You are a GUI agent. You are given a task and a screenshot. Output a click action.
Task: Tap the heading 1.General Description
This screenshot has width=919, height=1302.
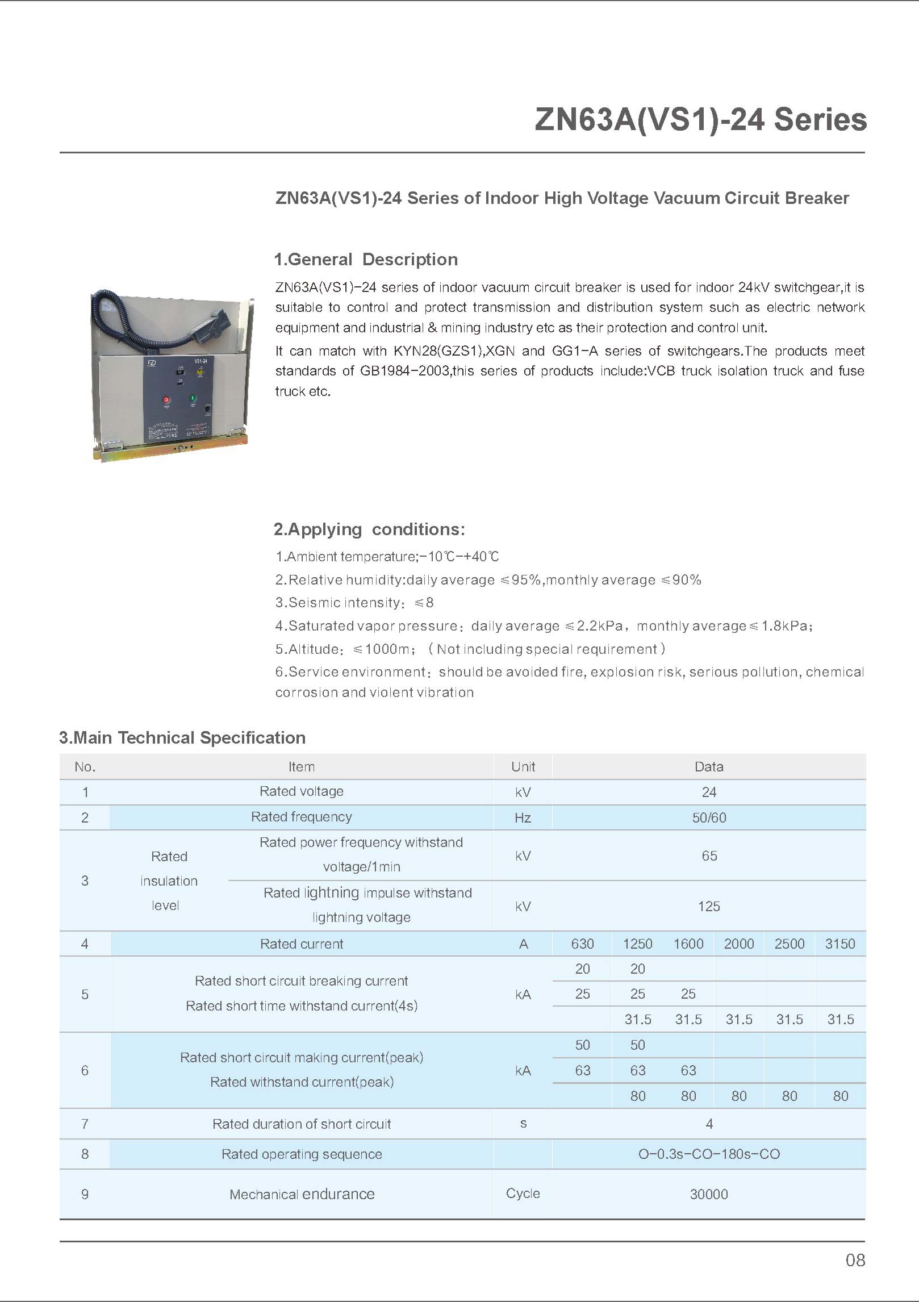[x=366, y=260]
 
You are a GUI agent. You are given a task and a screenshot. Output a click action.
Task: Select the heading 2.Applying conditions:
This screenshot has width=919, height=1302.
[x=369, y=529]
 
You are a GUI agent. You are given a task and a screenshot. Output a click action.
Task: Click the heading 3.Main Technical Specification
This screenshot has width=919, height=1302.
[x=182, y=738]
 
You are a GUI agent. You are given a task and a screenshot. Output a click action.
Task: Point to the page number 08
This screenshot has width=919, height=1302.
[x=855, y=1260]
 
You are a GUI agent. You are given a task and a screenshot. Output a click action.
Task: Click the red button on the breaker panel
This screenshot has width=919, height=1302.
[x=166, y=400]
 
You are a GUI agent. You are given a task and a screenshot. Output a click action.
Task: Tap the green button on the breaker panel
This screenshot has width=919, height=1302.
[x=193, y=399]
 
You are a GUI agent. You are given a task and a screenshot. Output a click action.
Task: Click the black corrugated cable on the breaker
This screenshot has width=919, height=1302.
[x=131, y=324]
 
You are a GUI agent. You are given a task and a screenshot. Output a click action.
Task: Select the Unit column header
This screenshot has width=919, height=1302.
[x=523, y=767]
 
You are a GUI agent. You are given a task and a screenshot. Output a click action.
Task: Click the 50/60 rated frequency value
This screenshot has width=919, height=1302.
[x=709, y=817]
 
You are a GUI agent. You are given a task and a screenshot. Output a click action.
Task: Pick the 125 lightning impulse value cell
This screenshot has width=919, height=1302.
[x=709, y=906]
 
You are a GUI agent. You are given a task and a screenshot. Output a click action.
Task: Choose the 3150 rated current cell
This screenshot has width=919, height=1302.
[x=840, y=944]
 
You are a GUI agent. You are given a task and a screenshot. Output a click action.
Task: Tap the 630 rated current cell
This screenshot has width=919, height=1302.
[x=582, y=944]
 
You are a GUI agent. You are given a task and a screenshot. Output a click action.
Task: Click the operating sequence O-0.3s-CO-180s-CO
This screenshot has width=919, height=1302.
[x=709, y=1154]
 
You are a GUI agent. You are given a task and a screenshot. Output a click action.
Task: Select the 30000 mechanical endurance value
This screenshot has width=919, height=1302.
[x=709, y=1194]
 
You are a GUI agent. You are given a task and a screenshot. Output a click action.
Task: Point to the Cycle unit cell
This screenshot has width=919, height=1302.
[x=523, y=1193]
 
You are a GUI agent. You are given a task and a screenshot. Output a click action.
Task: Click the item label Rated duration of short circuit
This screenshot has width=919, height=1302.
[x=302, y=1124]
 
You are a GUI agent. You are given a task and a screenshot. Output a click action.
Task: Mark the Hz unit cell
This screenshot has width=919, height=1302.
[x=523, y=817]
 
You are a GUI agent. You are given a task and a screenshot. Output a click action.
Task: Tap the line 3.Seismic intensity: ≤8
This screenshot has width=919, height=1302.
[x=354, y=603]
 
